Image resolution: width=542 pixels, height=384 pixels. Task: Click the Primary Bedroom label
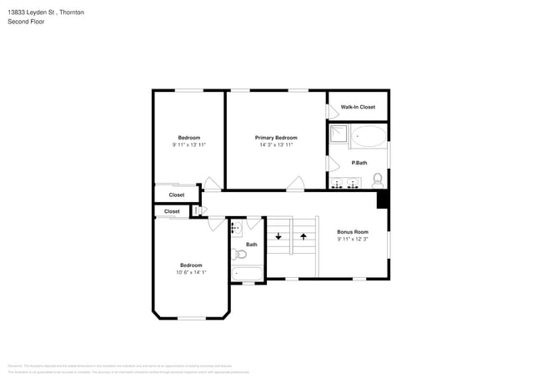pos(276,138)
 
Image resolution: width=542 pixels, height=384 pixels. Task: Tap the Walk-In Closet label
pos(358,107)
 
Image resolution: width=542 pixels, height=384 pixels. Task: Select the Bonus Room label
pos(353,231)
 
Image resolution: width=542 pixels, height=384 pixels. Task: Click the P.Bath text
pos(359,162)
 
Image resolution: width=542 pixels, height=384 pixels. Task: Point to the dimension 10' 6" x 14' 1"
pos(191,272)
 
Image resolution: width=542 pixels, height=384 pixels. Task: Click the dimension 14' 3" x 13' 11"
pos(276,145)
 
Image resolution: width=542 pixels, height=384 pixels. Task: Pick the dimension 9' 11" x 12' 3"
pos(353,239)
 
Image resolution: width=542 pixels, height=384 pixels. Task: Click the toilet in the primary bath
pos(378,179)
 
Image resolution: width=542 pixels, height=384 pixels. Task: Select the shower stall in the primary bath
pos(338,135)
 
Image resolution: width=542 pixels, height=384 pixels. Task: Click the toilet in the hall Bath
pos(239,254)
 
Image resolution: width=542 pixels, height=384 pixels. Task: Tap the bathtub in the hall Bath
pos(248,273)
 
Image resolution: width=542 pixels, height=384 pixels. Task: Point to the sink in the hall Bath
pos(236,227)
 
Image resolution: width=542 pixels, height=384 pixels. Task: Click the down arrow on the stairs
pos(279,236)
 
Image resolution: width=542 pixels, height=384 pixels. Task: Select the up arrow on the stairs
pos(304,236)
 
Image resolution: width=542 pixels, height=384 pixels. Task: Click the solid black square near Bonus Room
pos(383,200)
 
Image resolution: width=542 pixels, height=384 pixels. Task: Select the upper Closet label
pos(177,195)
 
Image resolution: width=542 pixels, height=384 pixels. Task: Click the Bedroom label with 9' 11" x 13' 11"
pos(189,138)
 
